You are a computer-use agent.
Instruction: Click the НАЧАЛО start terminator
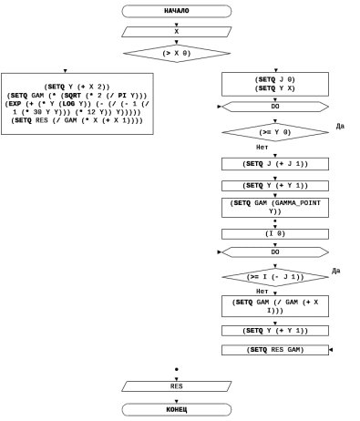tap(177, 11)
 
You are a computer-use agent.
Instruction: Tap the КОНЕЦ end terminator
tap(177, 409)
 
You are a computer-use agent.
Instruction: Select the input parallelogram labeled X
tap(177, 32)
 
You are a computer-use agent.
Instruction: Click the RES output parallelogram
tap(177, 386)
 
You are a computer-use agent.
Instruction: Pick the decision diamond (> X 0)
tap(177, 54)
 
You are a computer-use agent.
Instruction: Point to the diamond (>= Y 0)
tap(275, 132)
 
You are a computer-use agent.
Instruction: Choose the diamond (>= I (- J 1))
tap(275, 277)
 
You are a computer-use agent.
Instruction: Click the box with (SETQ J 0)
tap(275, 84)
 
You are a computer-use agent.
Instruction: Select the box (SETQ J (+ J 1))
tap(275, 164)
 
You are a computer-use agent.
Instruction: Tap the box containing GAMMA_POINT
tap(275, 208)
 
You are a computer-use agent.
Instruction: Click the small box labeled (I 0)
tap(275, 234)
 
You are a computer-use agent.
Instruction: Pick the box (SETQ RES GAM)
tap(275, 350)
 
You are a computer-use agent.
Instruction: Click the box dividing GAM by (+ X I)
tap(275, 306)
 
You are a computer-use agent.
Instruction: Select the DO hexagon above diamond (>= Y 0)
tap(275, 107)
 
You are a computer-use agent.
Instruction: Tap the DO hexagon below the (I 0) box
tap(275, 252)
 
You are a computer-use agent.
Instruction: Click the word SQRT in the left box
tap(73, 96)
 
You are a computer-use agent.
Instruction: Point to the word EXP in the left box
tap(15, 104)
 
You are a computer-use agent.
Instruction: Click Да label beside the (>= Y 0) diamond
tap(340, 126)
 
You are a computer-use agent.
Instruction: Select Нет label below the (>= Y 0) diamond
tap(262, 148)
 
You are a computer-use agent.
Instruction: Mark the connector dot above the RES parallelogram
tap(177, 370)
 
